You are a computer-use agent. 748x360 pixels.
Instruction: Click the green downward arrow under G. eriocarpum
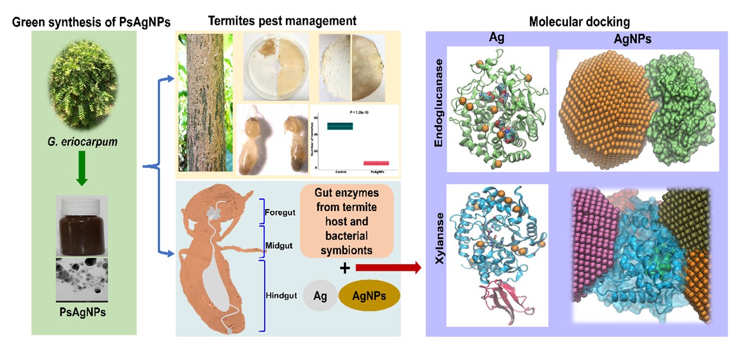83,173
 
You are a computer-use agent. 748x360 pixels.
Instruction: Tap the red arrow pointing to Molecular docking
388,268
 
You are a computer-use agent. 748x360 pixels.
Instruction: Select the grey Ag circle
320,296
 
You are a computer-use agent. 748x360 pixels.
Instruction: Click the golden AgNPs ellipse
369,296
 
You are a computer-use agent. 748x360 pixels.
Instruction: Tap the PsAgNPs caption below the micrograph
83,312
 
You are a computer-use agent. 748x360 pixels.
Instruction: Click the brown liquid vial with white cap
82,225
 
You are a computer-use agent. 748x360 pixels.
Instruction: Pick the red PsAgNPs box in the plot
376,163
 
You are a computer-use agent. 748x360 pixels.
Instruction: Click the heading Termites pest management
282,21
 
